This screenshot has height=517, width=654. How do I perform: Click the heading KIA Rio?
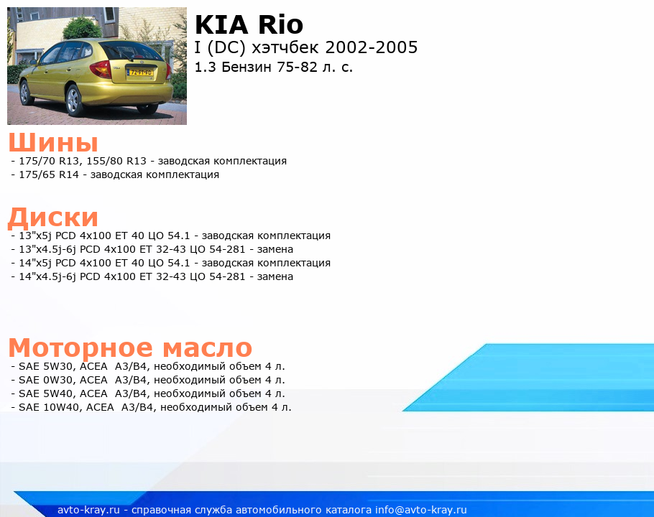click(249, 24)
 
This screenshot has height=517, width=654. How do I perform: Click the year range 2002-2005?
click(372, 47)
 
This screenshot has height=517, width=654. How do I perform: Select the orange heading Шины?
click(53, 142)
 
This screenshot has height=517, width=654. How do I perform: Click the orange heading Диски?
click(53, 218)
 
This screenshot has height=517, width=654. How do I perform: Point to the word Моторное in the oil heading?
click(80, 348)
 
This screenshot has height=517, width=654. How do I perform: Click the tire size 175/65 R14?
click(48, 174)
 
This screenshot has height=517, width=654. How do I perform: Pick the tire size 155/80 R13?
click(116, 161)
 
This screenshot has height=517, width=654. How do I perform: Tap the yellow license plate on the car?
click(141, 73)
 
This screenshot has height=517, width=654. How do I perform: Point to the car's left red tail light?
click(101, 69)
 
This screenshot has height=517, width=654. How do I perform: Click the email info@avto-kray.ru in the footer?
click(421, 510)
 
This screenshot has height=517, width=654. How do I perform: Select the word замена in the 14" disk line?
click(275, 276)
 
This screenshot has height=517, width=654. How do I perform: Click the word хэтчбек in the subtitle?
click(286, 47)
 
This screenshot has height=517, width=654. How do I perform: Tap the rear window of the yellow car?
click(128, 51)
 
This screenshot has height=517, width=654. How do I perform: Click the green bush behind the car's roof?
click(81, 27)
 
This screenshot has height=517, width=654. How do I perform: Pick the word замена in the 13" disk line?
click(275, 250)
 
